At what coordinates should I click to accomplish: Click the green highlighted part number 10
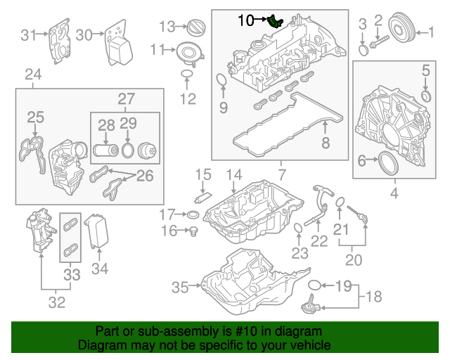point(274,21)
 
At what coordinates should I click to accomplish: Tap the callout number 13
point(167,27)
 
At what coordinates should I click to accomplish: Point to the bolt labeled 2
point(379,42)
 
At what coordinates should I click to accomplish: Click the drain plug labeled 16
point(193,231)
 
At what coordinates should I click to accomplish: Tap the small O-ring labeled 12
point(187,74)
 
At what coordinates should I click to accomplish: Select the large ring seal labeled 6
point(388,163)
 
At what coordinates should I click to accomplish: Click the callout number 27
point(127,98)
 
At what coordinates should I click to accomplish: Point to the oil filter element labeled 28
point(105,150)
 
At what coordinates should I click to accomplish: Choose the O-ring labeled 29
point(128,150)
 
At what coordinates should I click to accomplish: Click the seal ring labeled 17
point(193,214)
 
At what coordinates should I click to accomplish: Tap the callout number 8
point(325,143)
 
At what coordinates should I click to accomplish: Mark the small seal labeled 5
point(426,96)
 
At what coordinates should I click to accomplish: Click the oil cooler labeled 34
point(97,231)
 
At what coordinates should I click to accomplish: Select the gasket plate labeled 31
point(59,41)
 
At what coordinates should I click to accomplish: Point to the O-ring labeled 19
point(314,285)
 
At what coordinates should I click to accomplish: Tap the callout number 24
point(33,75)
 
